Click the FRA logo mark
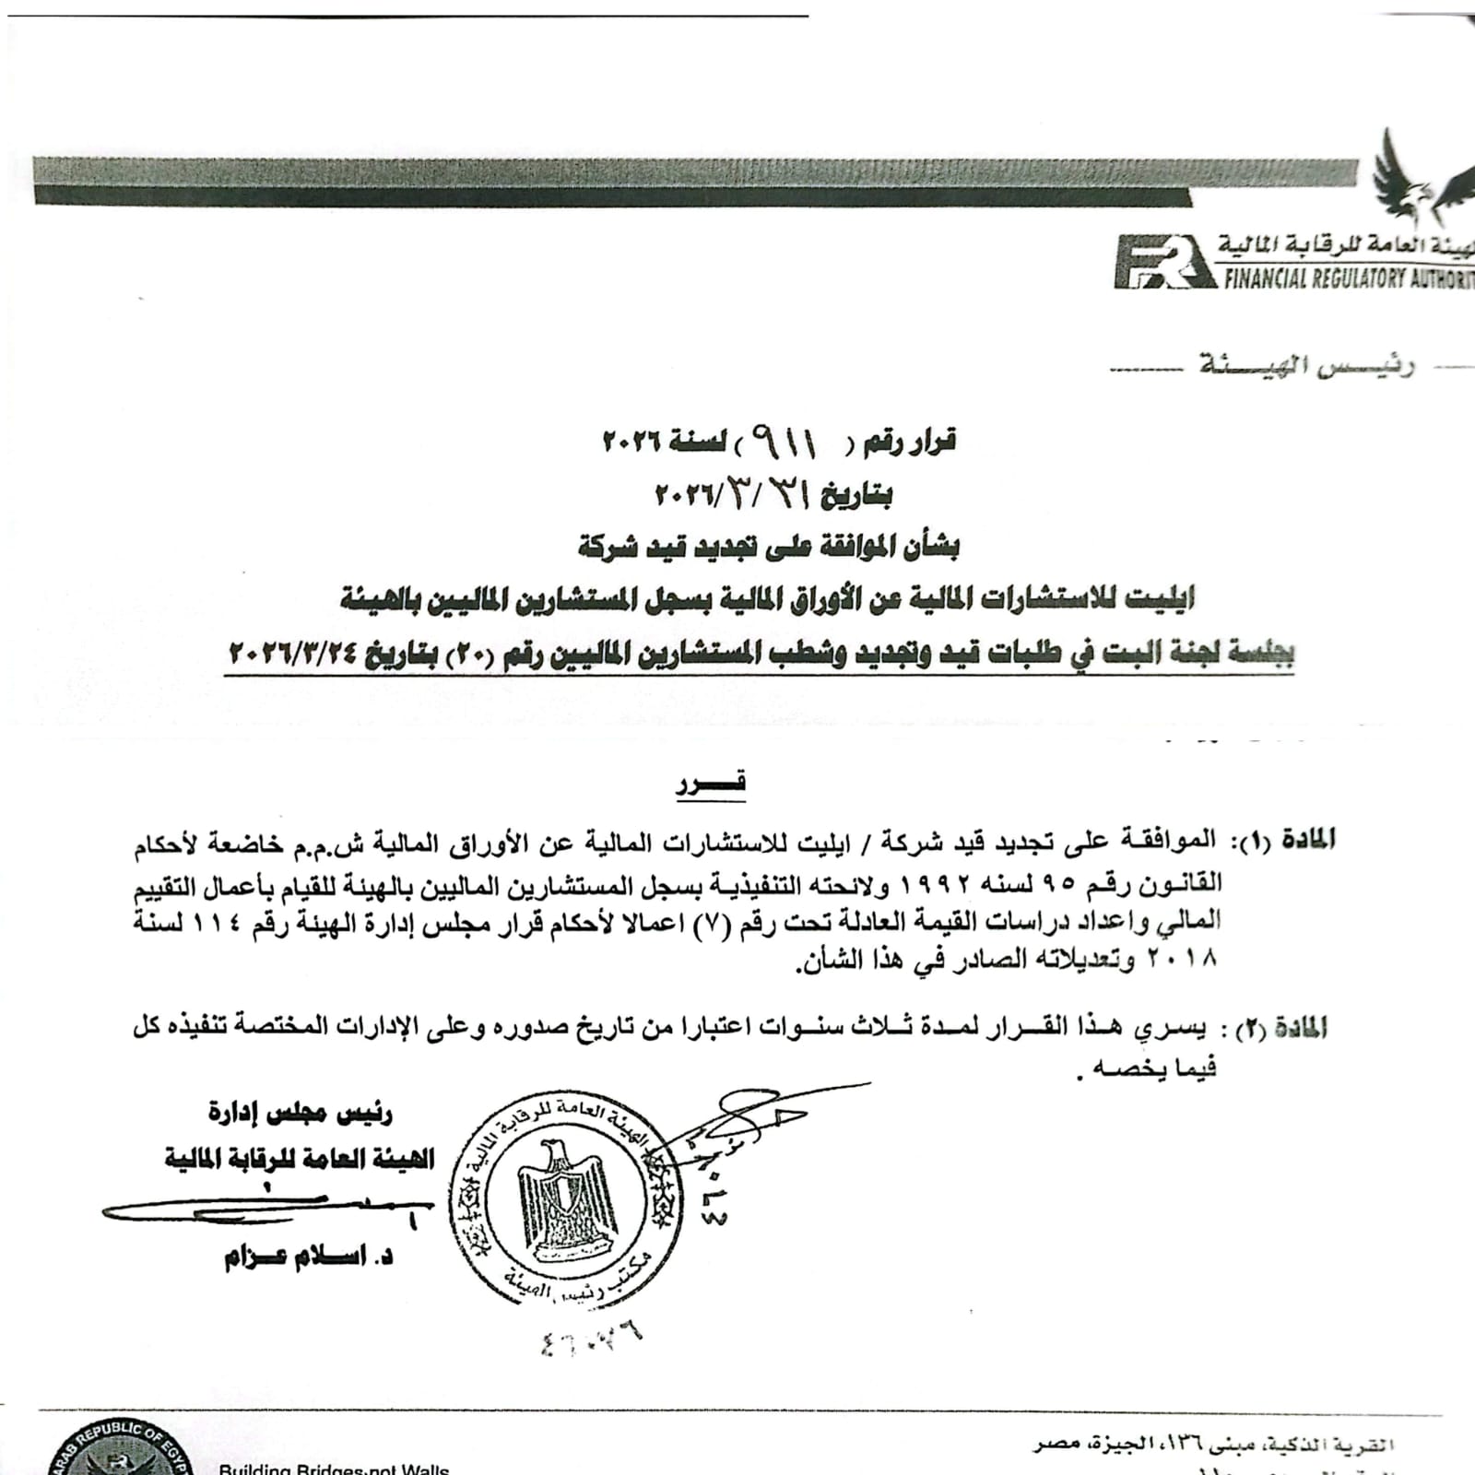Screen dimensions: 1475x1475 (1163, 262)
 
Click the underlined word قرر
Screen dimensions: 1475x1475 (711, 785)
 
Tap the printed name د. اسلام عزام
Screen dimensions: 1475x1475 (309, 1257)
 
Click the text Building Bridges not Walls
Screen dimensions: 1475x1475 (334, 1468)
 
